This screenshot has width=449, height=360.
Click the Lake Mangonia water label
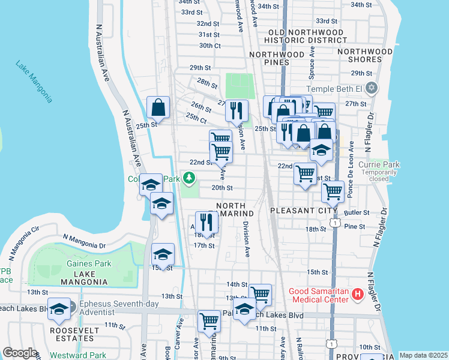pos(34,82)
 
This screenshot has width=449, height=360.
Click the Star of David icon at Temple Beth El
pos(372,88)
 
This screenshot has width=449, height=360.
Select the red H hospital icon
pos(358,294)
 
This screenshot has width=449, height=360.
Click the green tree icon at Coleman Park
pos(190,178)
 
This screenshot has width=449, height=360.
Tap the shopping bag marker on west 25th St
pos(158,108)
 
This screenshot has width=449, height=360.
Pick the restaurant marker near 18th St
pos(206,222)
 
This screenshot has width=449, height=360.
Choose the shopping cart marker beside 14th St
pos(260,294)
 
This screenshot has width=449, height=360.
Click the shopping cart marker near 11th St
pos(209,320)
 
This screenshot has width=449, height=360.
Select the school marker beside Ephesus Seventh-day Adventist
pos(59,308)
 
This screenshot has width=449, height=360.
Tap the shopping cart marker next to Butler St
pos(333,192)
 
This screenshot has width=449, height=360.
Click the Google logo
pos(20,353)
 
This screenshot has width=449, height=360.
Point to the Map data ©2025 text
pos(423,355)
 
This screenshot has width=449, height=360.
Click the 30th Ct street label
pos(210,46)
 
